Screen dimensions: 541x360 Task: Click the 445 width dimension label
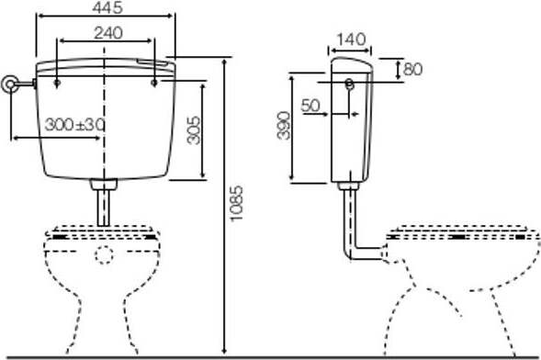pos(107,7)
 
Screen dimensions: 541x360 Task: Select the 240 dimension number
pos(108,33)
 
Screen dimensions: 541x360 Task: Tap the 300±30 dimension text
pos(74,125)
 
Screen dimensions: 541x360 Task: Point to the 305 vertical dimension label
pos(194,130)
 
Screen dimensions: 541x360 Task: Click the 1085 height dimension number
pos(237,204)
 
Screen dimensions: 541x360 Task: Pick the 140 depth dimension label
pos(351,39)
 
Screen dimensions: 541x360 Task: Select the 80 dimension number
pos(412,69)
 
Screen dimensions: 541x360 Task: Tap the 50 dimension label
pos(310,106)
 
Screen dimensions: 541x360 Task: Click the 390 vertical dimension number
pos(284,125)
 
